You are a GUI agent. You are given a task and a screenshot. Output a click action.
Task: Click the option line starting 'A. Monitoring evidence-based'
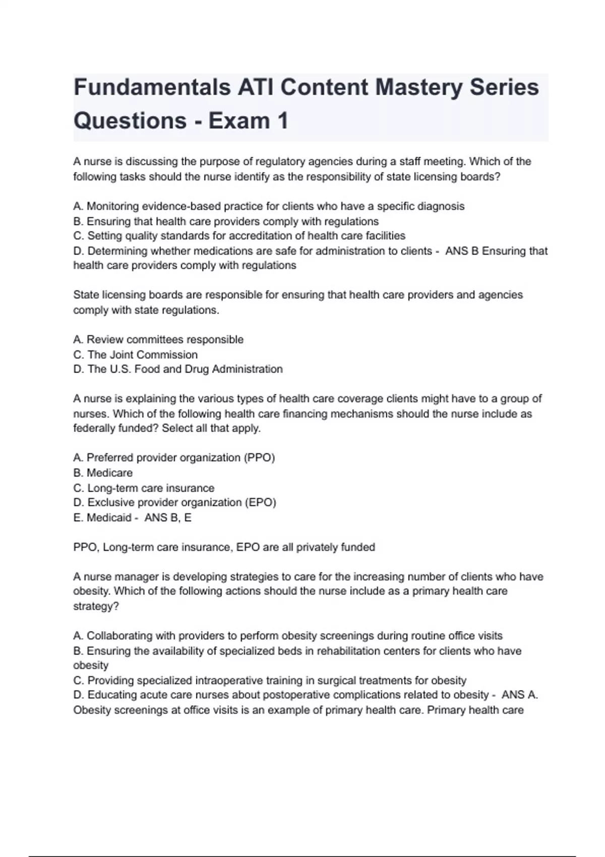click(x=269, y=206)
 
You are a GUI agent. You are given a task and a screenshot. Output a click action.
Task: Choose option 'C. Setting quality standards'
click(x=239, y=236)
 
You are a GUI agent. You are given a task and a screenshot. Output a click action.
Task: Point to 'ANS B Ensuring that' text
click(x=496, y=251)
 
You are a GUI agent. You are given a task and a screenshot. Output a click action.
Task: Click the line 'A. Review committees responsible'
click(x=158, y=340)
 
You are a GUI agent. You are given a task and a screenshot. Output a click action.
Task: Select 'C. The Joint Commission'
click(x=135, y=355)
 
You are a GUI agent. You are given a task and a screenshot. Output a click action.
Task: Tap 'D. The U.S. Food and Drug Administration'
click(x=178, y=370)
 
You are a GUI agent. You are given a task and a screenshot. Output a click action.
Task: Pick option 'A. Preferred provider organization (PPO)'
click(x=174, y=458)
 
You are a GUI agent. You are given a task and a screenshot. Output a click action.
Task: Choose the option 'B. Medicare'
click(x=103, y=473)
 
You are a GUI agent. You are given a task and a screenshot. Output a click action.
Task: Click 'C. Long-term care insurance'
click(x=144, y=488)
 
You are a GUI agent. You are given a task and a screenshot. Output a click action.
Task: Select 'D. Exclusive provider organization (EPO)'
click(x=174, y=503)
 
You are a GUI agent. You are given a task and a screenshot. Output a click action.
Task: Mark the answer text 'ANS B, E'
click(x=168, y=518)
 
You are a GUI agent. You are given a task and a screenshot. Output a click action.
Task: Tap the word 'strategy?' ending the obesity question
click(x=96, y=606)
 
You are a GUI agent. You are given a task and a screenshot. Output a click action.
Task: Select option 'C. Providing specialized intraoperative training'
click(x=270, y=681)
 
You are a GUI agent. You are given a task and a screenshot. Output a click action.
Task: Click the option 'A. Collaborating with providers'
click(x=288, y=636)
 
